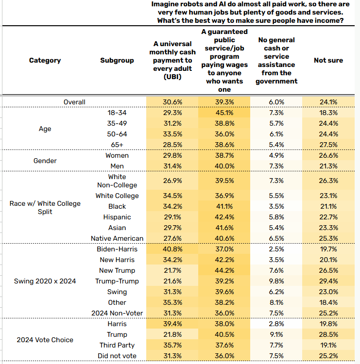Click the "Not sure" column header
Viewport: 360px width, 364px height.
pos(328,60)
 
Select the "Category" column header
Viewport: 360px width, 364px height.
pos(45,60)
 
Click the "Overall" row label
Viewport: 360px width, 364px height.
pos(74,102)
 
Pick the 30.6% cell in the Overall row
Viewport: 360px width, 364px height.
pos(172,102)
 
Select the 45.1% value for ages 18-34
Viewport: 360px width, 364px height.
pos(224,113)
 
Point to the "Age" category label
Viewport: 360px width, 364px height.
pos(45,129)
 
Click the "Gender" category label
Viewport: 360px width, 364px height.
pos(45,161)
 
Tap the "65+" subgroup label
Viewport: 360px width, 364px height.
pos(117,145)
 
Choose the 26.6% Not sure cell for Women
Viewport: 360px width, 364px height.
pos(328,155)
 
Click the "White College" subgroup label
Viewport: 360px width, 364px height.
pos(117,196)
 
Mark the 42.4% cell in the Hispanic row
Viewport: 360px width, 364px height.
pos(224,217)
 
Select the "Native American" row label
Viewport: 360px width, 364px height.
pos(117,238)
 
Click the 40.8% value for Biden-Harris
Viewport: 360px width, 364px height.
pos(172,249)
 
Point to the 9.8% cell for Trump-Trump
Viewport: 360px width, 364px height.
pos(276,281)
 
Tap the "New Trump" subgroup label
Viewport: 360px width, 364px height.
pos(117,270)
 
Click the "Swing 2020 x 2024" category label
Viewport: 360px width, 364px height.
pos(45,281)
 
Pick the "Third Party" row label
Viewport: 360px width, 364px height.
pos(117,345)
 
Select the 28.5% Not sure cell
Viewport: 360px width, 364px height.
pos(328,334)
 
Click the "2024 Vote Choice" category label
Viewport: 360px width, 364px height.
pos(45,340)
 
